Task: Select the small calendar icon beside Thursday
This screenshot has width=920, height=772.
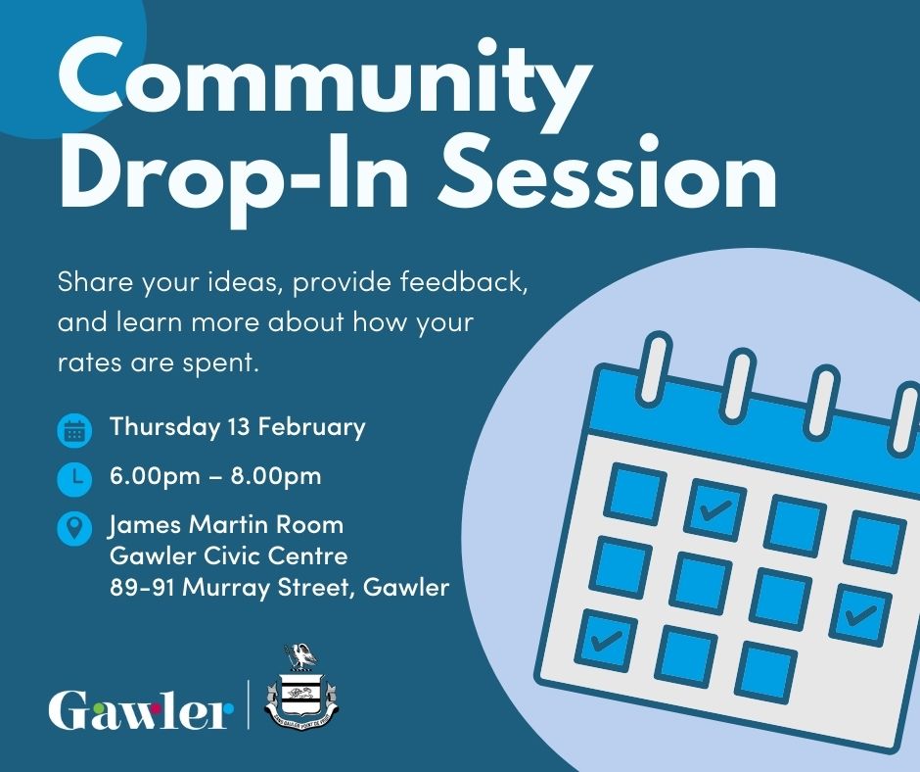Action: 74,429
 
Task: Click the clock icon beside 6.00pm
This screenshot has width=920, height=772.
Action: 74,478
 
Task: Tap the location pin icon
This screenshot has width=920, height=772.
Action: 74,530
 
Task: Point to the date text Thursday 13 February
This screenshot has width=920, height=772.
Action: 237,427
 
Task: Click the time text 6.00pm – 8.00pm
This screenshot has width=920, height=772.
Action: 215,477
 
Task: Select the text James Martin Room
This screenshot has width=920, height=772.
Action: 226,526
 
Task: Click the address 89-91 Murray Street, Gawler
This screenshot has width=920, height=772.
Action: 279,588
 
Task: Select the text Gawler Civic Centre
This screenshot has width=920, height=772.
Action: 229,556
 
